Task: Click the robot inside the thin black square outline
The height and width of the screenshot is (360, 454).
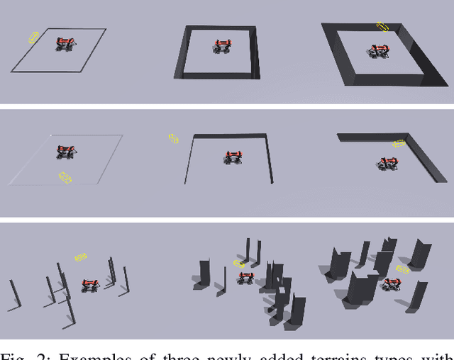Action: point(65,44)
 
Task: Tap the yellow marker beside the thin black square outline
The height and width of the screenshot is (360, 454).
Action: point(34,38)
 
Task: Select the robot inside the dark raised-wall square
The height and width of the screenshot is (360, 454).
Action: point(223,47)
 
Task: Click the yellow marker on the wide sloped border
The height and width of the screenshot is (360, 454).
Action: point(383,28)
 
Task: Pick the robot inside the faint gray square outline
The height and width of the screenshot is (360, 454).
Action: point(67,152)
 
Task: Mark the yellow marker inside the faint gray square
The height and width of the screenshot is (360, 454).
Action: point(65,177)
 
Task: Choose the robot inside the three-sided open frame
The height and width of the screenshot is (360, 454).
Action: point(232,157)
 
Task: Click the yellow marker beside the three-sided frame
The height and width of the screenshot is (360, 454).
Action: point(173,138)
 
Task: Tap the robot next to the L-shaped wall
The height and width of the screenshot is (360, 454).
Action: point(387,164)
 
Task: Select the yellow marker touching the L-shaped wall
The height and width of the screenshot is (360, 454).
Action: point(400,143)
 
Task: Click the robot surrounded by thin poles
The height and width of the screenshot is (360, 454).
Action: point(89,286)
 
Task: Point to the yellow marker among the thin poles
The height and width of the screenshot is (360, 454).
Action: point(80,257)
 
